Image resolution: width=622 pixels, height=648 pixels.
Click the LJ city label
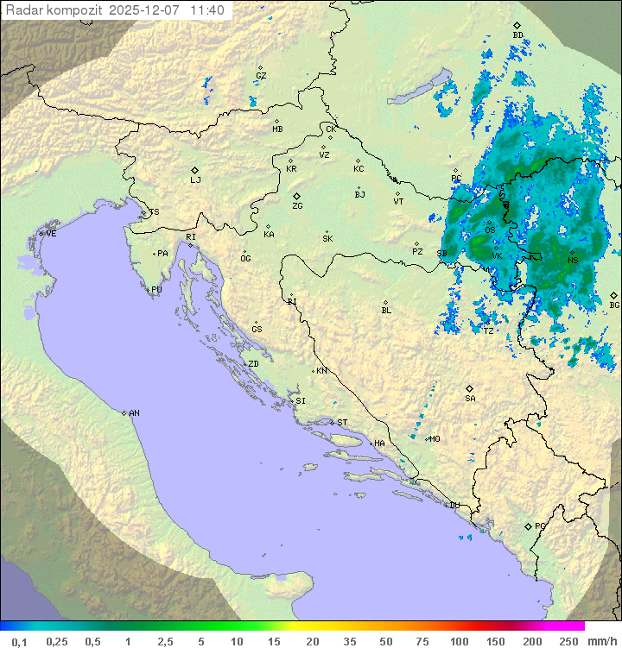[195, 180]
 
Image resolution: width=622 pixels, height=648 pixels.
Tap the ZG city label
[297, 206]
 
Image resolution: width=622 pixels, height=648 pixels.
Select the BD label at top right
[517, 35]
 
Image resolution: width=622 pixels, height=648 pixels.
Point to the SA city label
[470, 399]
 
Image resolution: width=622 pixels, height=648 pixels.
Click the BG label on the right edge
[614, 305]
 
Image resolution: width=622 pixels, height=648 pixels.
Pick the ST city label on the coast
[342, 423]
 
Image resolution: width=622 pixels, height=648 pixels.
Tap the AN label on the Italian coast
[134, 413]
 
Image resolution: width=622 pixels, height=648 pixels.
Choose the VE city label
[51, 234]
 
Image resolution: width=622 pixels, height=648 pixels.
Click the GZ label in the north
[261, 76]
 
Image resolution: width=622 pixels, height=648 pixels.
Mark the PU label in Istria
[156, 290]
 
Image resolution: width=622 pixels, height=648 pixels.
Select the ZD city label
[253, 364]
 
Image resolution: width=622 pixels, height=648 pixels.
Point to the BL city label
[386, 311]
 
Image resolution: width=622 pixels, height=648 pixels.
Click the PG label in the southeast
[540, 525]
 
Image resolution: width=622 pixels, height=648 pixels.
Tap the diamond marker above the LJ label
[195, 170]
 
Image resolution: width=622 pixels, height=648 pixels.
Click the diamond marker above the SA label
[470, 388]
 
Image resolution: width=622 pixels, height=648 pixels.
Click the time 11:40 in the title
[207, 10]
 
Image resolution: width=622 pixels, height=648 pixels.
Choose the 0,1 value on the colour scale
[20, 641]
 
